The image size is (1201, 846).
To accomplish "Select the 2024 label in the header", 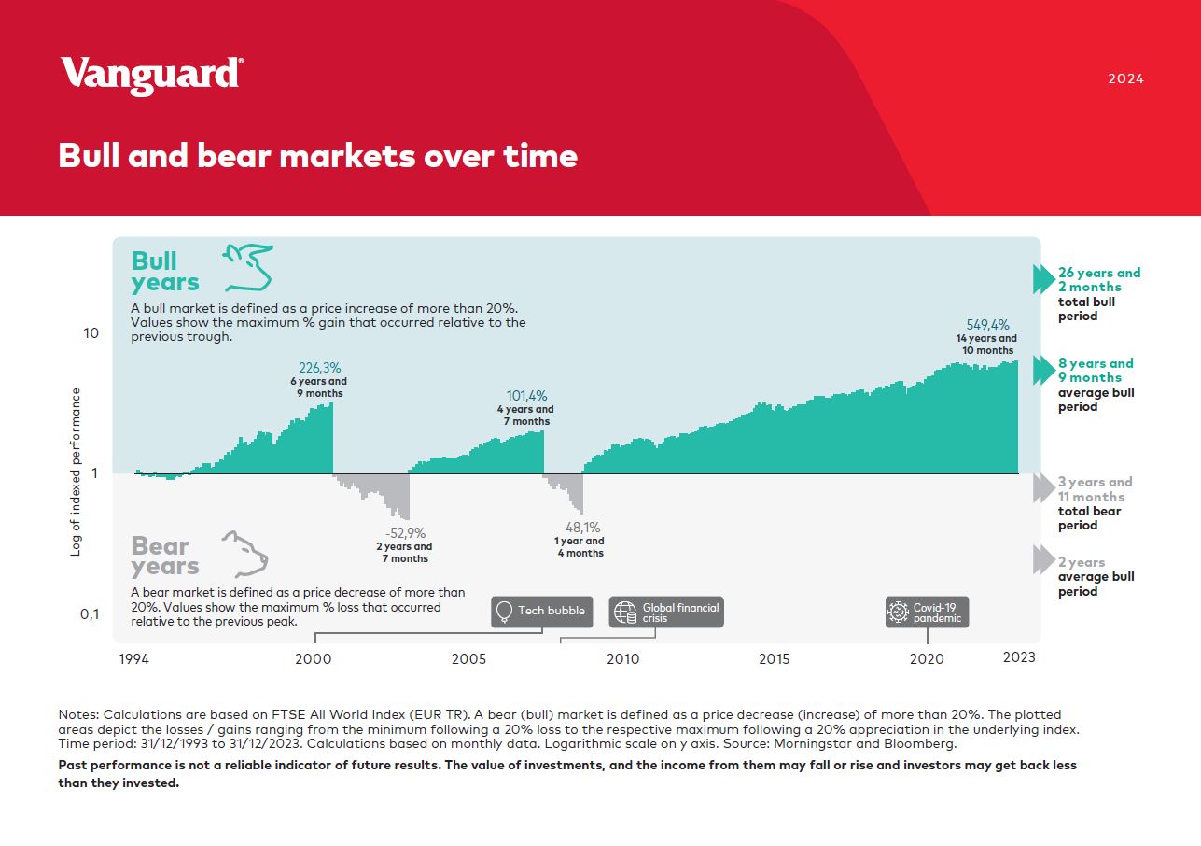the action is pyautogui.click(x=1126, y=78).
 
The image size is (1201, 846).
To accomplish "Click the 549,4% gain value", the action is pyautogui.click(x=987, y=325).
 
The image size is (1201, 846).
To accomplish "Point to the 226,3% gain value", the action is pyautogui.click(x=319, y=368).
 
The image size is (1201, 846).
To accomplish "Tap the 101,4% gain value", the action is pyautogui.click(x=526, y=395).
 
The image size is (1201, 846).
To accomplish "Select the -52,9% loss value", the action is pyautogui.click(x=405, y=532).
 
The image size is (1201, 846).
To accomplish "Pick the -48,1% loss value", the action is pyautogui.click(x=580, y=528).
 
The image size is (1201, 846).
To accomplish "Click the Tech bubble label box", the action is pyautogui.click(x=541, y=612).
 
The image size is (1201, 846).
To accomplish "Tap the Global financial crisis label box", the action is pyautogui.click(x=666, y=612).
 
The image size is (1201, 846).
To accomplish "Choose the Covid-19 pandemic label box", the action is pyautogui.click(x=927, y=612).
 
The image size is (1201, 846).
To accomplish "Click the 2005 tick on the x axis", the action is pyautogui.click(x=468, y=658).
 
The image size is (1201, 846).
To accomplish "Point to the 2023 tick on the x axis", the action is pyautogui.click(x=1019, y=657).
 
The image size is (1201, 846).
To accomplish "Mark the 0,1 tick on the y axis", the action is pyautogui.click(x=90, y=613).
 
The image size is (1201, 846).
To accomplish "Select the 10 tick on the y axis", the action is pyautogui.click(x=91, y=333).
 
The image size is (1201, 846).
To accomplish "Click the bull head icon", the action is pyautogui.click(x=247, y=267).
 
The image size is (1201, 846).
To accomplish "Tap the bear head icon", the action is pyautogui.click(x=245, y=554).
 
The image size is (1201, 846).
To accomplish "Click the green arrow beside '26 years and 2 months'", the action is pyautogui.click(x=1043, y=279).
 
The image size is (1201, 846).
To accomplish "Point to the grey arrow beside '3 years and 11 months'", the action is pyautogui.click(x=1043, y=488).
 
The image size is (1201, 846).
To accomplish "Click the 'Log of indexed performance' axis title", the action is pyautogui.click(x=76, y=472).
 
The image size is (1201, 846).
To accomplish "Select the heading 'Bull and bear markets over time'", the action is pyautogui.click(x=318, y=156).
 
